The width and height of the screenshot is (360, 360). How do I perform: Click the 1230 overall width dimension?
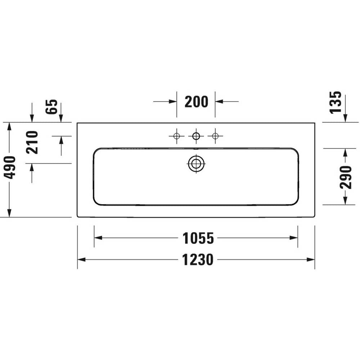pos(198,260)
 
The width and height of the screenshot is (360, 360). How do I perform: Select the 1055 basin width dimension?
pos(198,238)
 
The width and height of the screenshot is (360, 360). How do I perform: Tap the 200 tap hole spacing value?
pos(196,102)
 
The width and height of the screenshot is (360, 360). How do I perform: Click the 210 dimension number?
pos(32,142)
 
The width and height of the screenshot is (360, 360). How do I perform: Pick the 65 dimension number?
pos(51,106)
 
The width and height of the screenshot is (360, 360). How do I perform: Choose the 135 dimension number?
pos(336,102)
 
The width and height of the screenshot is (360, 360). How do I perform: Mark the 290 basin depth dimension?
pos(346,177)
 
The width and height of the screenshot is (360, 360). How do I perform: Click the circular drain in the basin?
pos(196,164)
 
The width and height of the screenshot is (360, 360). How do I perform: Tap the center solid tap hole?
pos(196,136)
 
